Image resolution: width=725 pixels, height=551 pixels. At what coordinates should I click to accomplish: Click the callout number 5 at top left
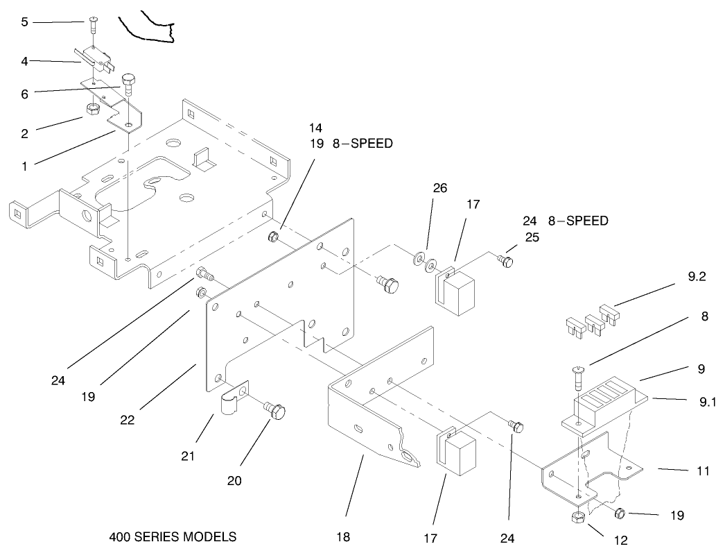coord(24,22)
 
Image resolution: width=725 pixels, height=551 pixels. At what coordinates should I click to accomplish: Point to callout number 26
coord(439,188)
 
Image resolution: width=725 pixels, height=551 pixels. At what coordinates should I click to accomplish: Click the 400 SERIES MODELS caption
coord(173,537)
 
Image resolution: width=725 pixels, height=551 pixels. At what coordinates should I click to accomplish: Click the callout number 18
coord(342,537)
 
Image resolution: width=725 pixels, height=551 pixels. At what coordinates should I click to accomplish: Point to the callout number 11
coord(703,471)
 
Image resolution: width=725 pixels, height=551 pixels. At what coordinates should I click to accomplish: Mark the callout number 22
coord(126,420)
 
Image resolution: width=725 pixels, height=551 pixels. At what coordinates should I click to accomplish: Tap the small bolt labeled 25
coord(508,261)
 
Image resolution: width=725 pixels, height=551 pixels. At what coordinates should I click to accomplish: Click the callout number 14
coord(315,128)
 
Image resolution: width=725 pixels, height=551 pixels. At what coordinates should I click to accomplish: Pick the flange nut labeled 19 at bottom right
coord(620,514)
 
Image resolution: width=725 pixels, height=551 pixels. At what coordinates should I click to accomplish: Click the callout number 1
coord(24,167)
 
